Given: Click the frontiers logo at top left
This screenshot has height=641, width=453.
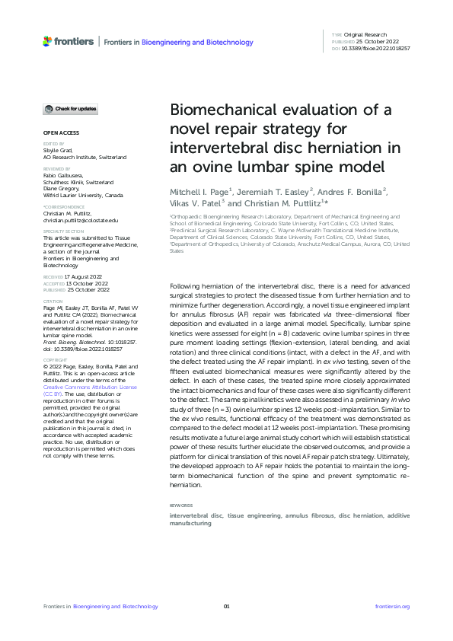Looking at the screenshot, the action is (x=69, y=41).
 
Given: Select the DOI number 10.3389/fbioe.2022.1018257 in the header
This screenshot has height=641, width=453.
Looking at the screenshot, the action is (x=377, y=48).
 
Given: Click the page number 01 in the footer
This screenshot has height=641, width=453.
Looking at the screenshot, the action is (x=226, y=606).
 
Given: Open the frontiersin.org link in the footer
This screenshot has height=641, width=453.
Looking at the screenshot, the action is (x=393, y=606).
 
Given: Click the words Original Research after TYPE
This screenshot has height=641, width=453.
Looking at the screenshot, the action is (x=365, y=36).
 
